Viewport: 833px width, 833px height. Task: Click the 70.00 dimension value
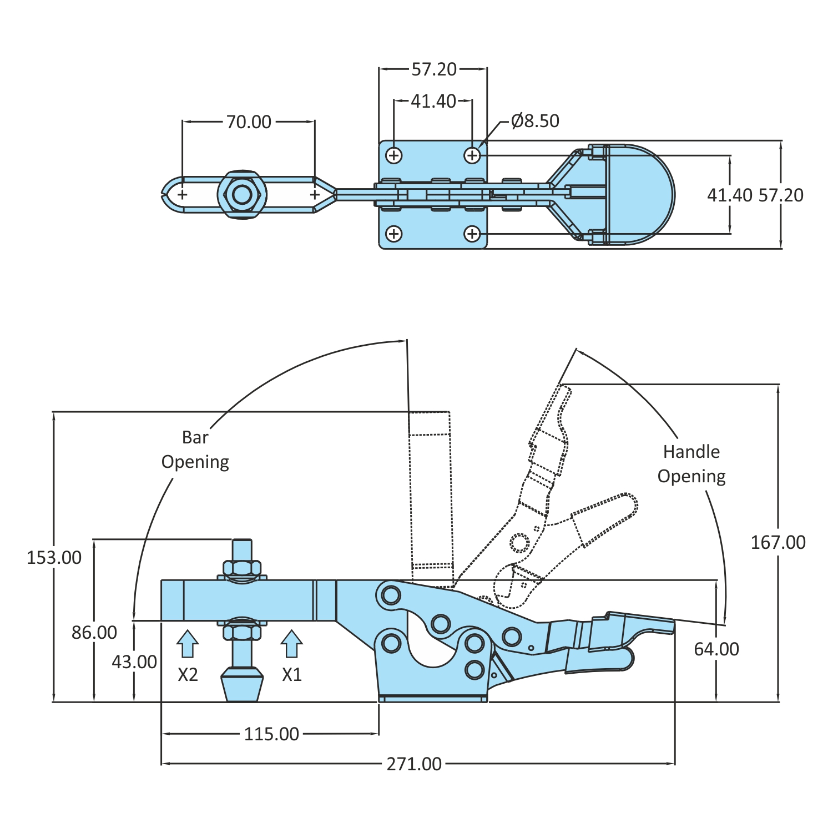click(x=249, y=122)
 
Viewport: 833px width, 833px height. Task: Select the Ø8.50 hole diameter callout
click(x=535, y=121)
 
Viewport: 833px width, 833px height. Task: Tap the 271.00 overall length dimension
click(x=414, y=764)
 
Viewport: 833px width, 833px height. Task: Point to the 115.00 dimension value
click(x=271, y=734)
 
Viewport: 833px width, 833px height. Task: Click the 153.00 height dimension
click(x=54, y=558)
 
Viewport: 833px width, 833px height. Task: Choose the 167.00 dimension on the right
click(x=778, y=543)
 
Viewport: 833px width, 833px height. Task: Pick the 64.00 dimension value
click(x=716, y=649)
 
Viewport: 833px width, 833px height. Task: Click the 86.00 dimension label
click(x=94, y=633)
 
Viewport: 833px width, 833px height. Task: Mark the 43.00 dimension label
click(x=134, y=662)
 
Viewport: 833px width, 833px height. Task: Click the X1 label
click(x=292, y=675)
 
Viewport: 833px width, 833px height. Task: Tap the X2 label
click(x=188, y=675)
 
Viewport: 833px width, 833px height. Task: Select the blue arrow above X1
click(x=292, y=644)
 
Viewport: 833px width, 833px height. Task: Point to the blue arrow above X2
click(x=188, y=644)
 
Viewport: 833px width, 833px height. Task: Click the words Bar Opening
click(x=195, y=450)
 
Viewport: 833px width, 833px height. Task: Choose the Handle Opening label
click(x=691, y=464)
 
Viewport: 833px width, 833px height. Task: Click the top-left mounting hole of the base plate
click(x=394, y=155)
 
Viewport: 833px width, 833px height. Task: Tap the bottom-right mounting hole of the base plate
click(x=472, y=234)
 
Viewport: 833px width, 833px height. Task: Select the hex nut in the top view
click(x=242, y=195)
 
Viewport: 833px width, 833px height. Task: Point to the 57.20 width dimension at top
click(x=434, y=69)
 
